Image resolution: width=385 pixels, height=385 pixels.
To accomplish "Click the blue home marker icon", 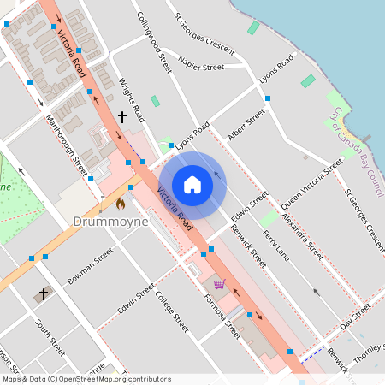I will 192,185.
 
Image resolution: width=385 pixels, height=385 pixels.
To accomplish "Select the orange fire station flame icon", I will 121,204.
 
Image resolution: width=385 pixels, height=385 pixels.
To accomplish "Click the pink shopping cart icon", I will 219,284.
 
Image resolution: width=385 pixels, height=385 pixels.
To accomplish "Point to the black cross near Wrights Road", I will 122,115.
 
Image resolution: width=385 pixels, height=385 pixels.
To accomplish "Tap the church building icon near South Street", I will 43,294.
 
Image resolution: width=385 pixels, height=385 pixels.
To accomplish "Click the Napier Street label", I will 202,63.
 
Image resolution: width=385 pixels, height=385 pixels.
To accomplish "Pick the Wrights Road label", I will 129,98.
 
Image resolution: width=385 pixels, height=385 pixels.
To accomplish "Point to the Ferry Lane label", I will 275,246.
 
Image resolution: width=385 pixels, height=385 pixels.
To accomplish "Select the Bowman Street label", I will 91,266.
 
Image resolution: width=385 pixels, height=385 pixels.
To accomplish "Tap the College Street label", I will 171,311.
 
